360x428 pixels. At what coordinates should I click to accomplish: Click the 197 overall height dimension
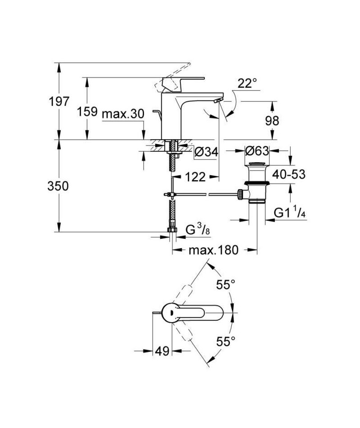click(x=59, y=101)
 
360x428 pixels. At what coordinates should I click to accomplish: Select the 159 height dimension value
click(x=87, y=111)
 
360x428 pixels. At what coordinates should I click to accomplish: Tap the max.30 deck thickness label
click(x=123, y=114)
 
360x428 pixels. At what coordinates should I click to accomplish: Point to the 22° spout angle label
click(x=247, y=83)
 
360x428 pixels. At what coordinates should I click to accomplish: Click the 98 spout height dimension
click(x=272, y=121)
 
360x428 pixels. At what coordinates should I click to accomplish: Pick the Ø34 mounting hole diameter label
click(x=207, y=152)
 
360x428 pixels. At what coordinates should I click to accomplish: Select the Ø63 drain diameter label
click(x=257, y=150)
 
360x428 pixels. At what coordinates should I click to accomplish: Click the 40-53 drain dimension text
click(x=289, y=174)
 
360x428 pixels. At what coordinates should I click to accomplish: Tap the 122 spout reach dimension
click(x=195, y=178)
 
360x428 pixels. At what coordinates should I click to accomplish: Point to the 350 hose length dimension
click(x=58, y=186)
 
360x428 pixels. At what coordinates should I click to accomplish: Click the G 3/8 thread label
click(x=198, y=229)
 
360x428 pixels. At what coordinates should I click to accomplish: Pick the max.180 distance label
click(x=213, y=250)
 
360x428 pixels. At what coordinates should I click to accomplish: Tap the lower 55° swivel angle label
click(x=225, y=341)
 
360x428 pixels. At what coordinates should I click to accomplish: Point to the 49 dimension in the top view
click(x=162, y=351)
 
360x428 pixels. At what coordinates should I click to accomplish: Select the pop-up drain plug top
click(x=256, y=164)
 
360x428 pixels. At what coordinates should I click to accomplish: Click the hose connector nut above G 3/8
click(x=172, y=230)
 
